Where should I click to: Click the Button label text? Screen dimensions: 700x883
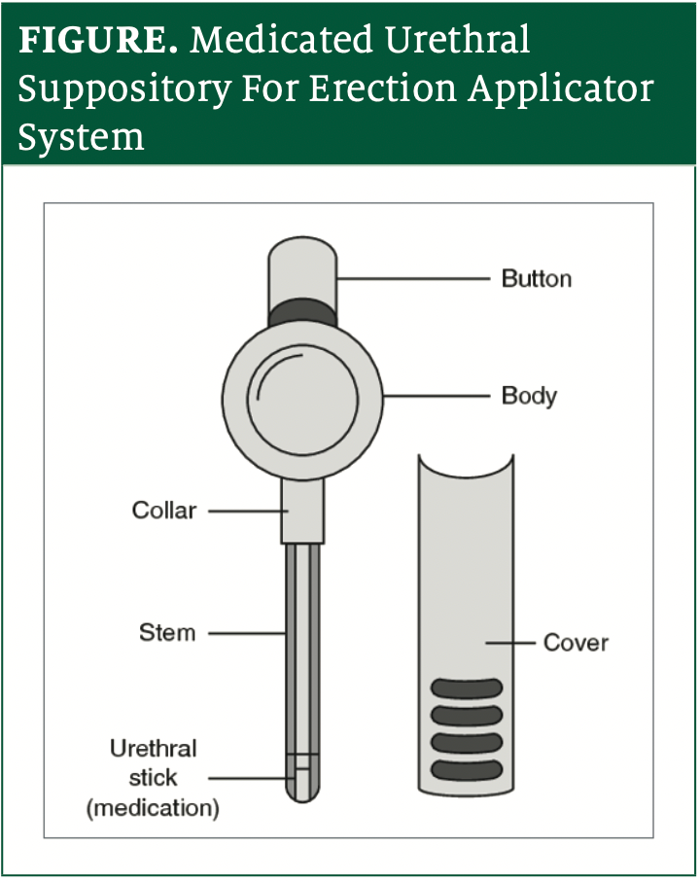(x=536, y=279)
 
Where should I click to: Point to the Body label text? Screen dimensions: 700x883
(x=529, y=396)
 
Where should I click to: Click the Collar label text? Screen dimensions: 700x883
(x=164, y=510)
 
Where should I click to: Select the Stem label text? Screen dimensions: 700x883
(x=167, y=632)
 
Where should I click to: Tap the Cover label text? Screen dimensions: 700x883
(x=576, y=643)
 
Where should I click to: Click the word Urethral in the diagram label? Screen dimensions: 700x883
(x=153, y=749)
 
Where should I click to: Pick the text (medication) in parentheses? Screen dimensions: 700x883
(x=153, y=807)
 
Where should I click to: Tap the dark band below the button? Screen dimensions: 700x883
(x=302, y=313)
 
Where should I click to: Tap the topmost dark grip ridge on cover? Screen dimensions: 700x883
(x=466, y=689)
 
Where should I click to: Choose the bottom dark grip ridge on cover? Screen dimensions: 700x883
(x=466, y=770)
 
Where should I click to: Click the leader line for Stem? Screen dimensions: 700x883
(x=246, y=633)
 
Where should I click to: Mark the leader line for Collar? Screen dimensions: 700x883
(x=243, y=510)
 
